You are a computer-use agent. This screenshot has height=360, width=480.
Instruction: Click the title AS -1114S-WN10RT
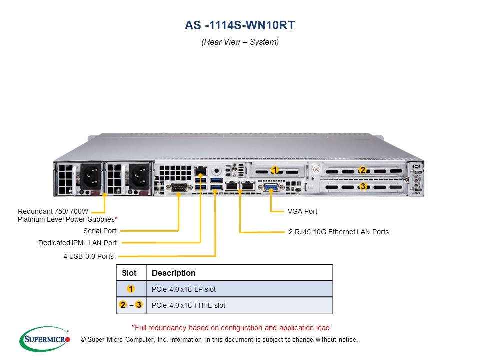240,25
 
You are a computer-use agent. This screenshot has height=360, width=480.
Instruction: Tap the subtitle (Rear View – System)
240,42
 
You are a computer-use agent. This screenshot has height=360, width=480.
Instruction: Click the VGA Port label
302,211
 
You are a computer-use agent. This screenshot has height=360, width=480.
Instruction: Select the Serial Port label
100,231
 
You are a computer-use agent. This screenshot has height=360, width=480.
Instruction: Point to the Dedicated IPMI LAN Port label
78,243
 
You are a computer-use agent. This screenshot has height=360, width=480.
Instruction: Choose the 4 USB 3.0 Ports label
88,256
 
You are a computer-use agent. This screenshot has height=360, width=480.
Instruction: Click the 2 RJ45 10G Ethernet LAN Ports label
338,232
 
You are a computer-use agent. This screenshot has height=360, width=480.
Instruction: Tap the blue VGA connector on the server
271,188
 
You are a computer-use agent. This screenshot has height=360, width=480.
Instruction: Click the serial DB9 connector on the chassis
179,188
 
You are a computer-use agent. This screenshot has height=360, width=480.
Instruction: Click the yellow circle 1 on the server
274,170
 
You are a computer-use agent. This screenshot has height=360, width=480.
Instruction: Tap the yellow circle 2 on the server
363,170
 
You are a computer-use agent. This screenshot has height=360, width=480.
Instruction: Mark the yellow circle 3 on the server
363,187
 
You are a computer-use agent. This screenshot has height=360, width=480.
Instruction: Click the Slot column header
129,273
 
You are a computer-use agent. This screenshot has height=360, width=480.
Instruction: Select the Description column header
174,273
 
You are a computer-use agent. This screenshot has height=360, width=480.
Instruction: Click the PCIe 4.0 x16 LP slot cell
184,289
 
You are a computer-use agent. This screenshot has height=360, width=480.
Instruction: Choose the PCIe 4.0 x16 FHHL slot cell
188,305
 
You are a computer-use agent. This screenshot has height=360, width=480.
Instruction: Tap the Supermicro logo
44,339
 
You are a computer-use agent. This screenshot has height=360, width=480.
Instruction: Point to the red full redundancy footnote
231,328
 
